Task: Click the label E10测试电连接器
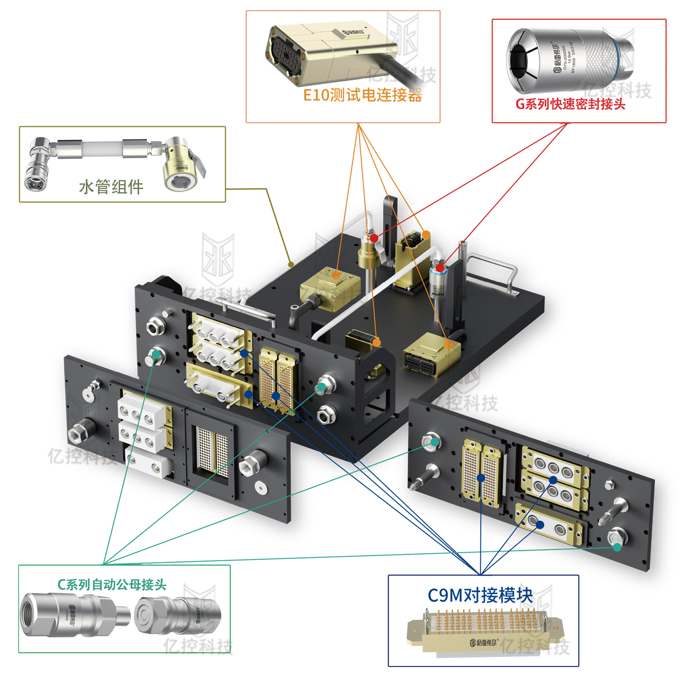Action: click(x=362, y=95)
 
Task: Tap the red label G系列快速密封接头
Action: click(x=570, y=104)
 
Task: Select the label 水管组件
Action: click(x=111, y=187)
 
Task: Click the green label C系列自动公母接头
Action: click(x=112, y=585)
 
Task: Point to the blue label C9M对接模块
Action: click(x=480, y=596)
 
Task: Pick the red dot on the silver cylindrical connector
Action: click(x=440, y=268)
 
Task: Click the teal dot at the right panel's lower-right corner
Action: click(x=617, y=547)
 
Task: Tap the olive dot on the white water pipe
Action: click(x=291, y=264)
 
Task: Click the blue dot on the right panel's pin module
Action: click(x=481, y=478)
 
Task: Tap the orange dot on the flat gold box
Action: click(x=336, y=275)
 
